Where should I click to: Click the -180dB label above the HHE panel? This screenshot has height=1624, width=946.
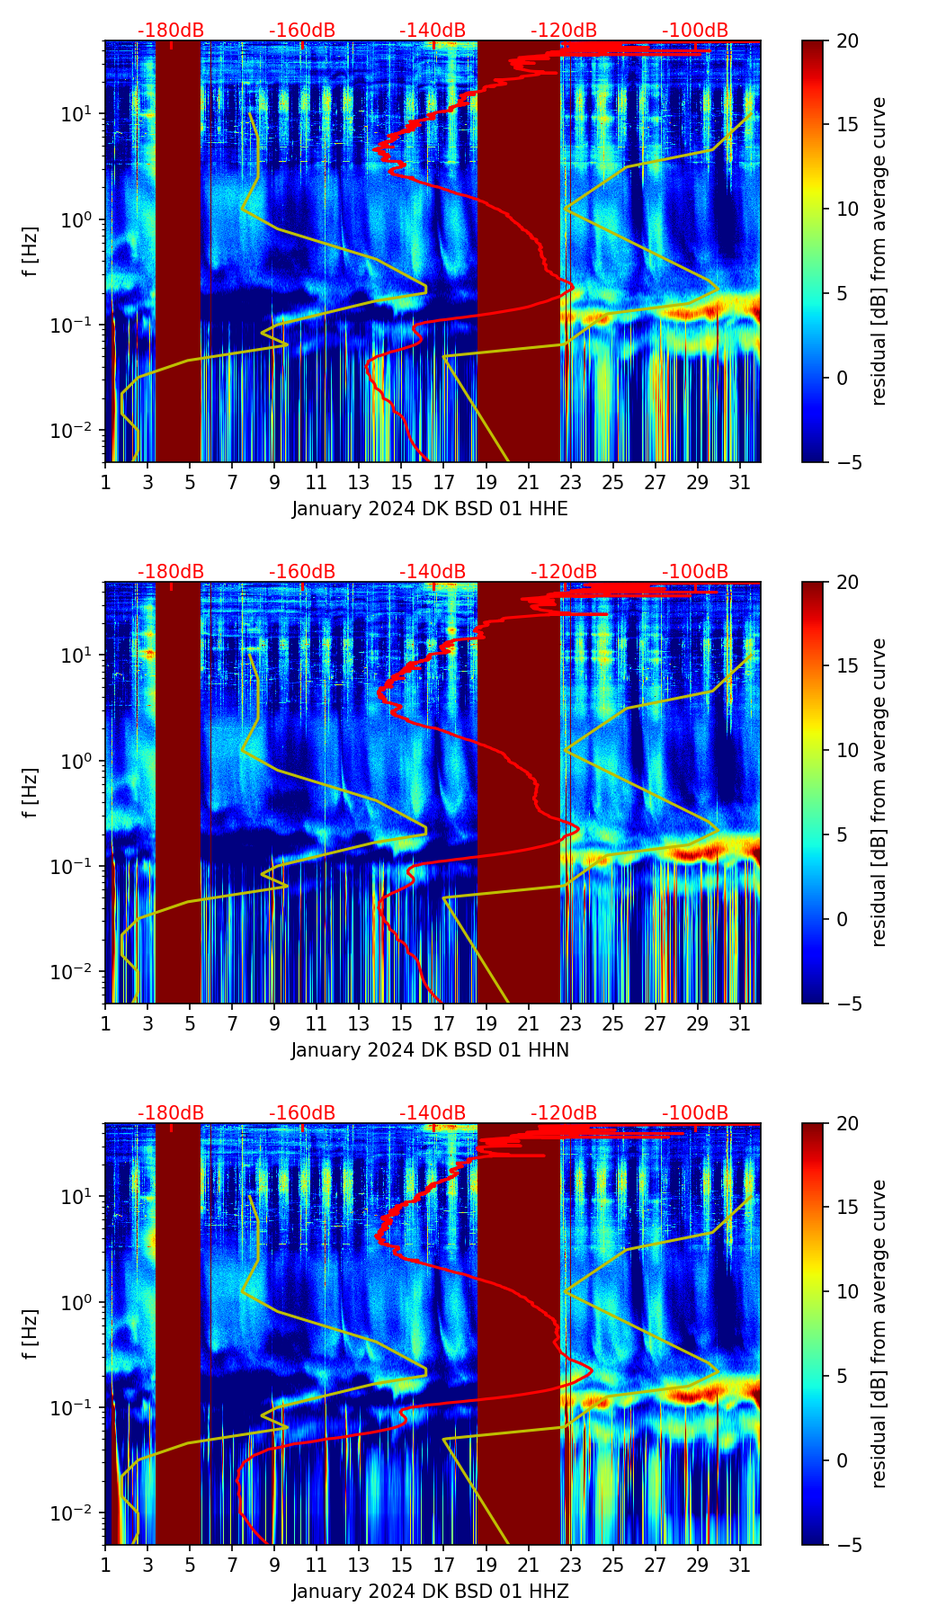(x=171, y=31)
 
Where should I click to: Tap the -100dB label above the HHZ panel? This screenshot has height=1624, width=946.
(x=695, y=1113)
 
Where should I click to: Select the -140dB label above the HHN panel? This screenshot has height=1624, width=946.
(x=433, y=572)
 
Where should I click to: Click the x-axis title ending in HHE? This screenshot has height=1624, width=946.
(x=430, y=509)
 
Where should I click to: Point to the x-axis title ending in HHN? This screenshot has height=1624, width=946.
(x=430, y=1050)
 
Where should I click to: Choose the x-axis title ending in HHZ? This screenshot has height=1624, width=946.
(x=430, y=1592)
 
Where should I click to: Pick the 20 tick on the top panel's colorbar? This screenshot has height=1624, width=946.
(x=847, y=40)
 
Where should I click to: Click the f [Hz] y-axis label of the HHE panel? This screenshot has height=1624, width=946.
(x=32, y=252)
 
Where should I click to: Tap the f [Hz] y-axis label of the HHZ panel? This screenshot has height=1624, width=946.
(x=32, y=1334)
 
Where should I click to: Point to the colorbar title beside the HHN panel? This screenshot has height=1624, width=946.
(x=879, y=792)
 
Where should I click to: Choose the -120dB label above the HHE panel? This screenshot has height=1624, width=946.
(x=564, y=31)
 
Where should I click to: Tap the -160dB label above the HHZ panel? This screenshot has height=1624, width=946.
(x=302, y=1113)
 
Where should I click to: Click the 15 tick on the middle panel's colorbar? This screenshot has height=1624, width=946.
(x=847, y=666)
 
